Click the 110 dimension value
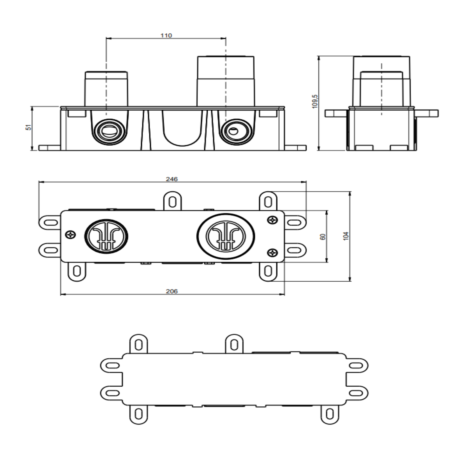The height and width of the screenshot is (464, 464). point(166,35)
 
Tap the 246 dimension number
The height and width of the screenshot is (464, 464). point(172,179)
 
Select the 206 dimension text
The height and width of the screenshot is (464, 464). point(172,291)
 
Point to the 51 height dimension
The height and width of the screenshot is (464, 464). point(29,127)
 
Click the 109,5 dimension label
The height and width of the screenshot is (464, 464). point(315,101)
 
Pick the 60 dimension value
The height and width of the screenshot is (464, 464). point(323,237)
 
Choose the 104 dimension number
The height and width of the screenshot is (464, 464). point(346,236)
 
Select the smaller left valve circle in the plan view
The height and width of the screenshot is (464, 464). point(106,236)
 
